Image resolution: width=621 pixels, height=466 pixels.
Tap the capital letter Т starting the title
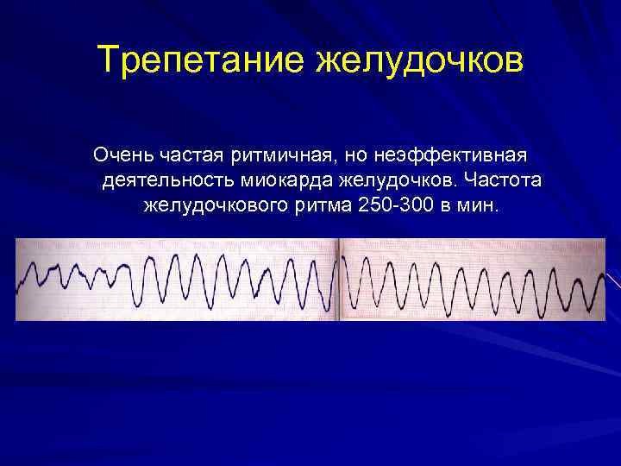point(109,60)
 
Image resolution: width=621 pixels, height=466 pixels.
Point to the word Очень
point(122,157)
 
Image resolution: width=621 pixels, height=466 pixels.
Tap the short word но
point(357,157)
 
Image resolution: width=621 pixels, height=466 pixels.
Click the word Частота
point(503,182)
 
